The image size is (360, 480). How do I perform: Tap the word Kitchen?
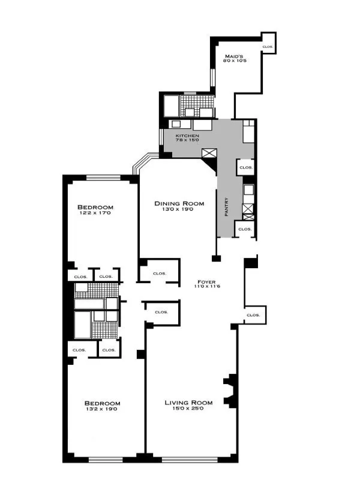pos(187,136)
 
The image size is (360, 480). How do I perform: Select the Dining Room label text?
pos(178,203)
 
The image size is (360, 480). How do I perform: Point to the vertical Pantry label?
pos(226,208)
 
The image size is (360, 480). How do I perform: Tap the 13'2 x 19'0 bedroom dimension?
pos(101,409)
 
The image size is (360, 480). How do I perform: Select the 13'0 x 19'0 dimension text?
pos(178,210)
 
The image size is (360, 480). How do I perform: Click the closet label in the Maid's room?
pos(268,46)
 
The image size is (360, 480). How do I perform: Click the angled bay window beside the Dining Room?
pos(144,161)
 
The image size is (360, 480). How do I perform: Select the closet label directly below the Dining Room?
pos(159,273)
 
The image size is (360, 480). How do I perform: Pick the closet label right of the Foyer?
pos(253,314)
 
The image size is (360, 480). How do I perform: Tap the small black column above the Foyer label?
pos(216,259)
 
